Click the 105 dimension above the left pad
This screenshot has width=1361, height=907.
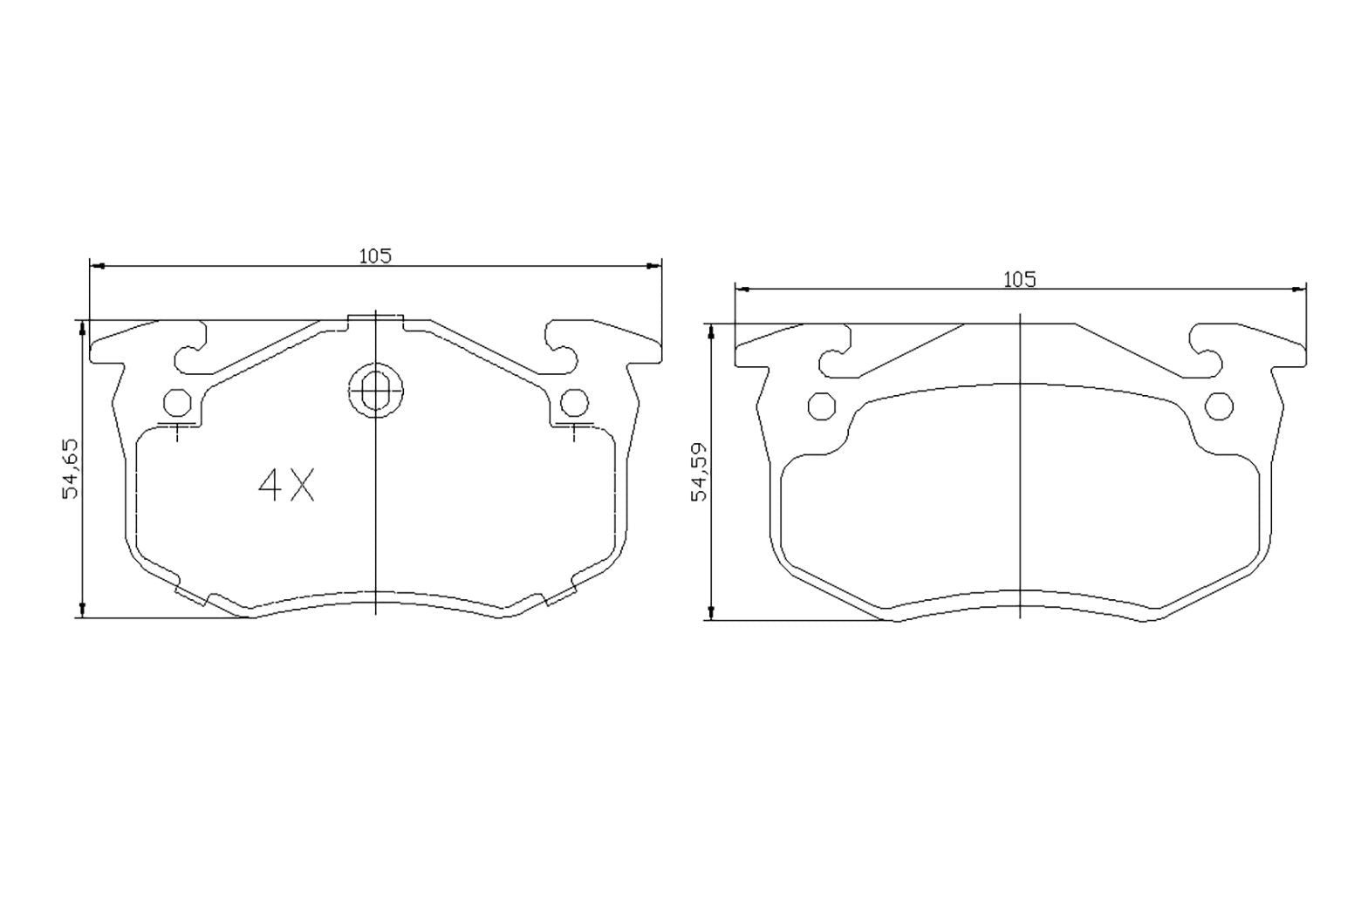pyautogui.click(x=376, y=256)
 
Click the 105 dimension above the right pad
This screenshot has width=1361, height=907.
pyautogui.click(x=1019, y=279)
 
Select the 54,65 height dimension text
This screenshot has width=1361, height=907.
pyautogui.click(x=71, y=468)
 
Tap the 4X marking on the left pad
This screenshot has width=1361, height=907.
pyautogui.click(x=286, y=486)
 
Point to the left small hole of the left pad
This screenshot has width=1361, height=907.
pyautogui.click(x=177, y=402)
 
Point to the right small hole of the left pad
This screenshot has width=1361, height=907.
pyautogui.click(x=573, y=402)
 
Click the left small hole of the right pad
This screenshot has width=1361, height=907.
pyautogui.click(x=821, y=406)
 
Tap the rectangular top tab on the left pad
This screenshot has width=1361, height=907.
pyautogui.click(x=375, y=320)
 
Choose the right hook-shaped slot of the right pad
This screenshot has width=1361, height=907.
pyautogui.click(x=1205, y=352)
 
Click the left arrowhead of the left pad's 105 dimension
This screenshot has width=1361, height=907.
pyautogui.click(x=97, y=265)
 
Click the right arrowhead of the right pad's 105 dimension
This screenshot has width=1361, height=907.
pyautogui.click(x=1299, y=289)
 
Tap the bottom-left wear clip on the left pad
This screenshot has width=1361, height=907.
pyautogui.click(x=191, y=595)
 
